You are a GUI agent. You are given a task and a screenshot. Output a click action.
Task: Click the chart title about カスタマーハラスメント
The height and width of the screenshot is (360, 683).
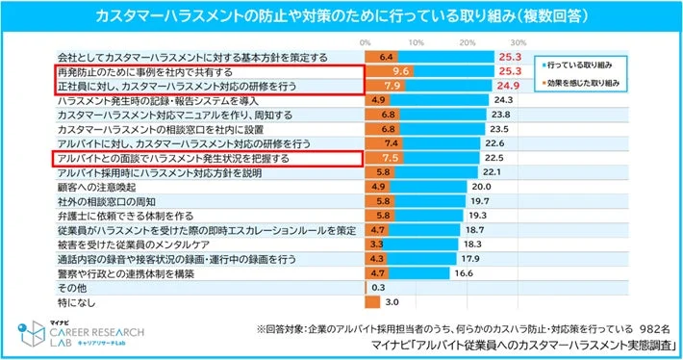point(341,16)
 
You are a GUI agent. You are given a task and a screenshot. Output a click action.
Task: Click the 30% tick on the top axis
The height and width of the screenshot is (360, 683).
point(517,44)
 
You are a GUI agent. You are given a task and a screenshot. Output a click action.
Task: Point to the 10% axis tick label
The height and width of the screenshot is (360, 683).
point(416,44)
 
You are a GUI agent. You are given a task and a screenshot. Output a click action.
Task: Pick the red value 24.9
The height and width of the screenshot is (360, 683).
point(510,87)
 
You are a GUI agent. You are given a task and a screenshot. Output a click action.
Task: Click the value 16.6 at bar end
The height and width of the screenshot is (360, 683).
point(464,273)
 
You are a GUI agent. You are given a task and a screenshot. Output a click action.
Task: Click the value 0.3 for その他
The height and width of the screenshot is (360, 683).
point(378,288)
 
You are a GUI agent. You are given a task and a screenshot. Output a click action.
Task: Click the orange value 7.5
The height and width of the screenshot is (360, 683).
point(391,158)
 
